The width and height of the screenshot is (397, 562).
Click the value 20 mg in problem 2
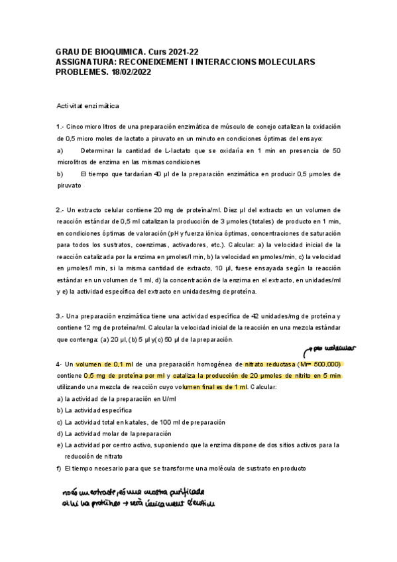click(161, 209)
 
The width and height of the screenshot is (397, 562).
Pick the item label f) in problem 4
click(60, 468)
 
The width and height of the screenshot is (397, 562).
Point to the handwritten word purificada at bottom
click(186, 492)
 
